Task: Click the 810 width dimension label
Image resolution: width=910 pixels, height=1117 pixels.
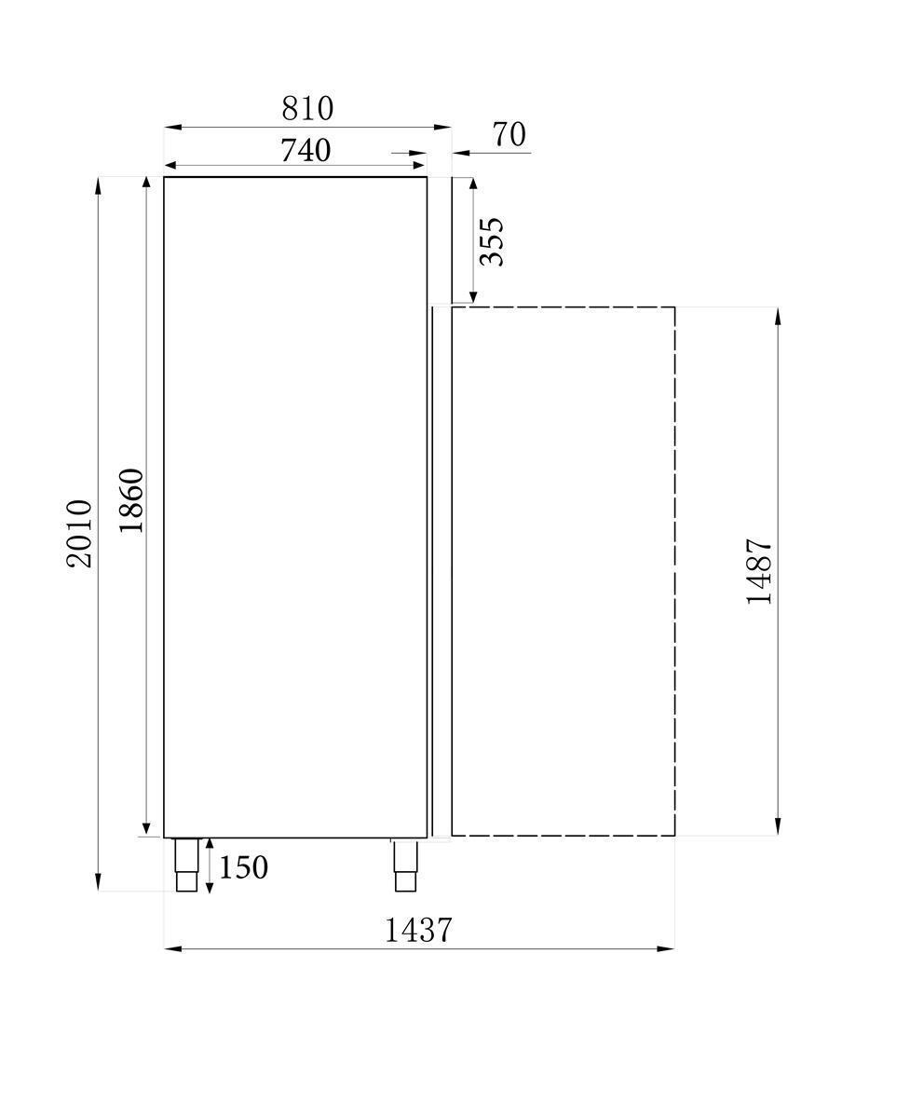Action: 307,109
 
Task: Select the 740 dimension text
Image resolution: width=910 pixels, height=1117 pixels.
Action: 306,149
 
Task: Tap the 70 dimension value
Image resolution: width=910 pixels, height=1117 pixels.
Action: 509,135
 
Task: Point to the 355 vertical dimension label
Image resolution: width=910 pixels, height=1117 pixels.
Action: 491,241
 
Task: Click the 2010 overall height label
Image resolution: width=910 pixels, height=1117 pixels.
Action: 80,534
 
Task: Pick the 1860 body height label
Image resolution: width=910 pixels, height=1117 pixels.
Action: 131,500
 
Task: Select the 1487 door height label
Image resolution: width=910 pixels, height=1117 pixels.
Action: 760,571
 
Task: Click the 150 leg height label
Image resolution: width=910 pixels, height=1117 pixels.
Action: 244,867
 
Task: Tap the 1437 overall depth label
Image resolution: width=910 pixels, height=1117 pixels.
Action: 418,929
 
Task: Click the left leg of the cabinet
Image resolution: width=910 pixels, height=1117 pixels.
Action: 187,864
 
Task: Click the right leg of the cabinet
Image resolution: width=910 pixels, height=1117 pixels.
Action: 405,864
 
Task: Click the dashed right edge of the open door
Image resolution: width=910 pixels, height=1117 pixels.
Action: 674,570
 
